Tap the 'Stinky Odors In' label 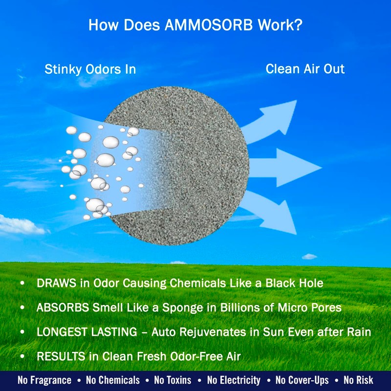90,69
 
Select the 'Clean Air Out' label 305,69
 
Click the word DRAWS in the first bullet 55,283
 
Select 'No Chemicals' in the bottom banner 112,380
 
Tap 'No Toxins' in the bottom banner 174,380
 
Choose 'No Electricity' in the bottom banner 234,380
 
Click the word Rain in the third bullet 360,332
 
